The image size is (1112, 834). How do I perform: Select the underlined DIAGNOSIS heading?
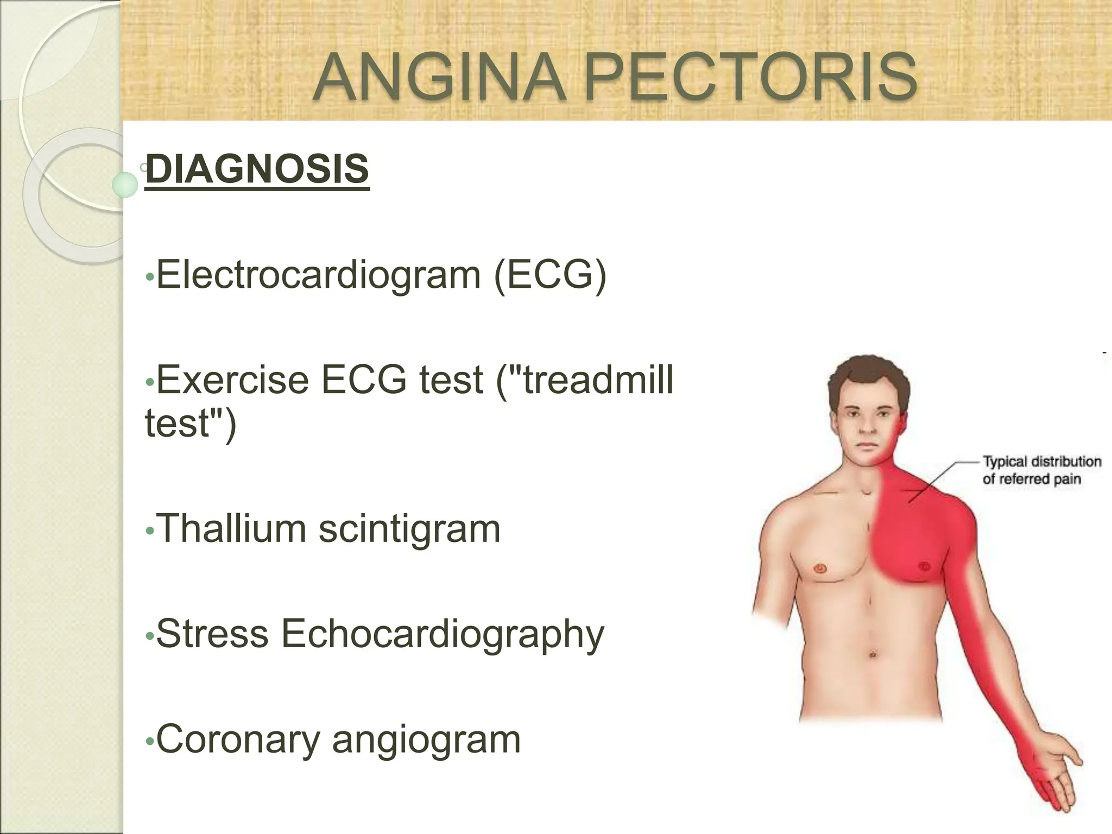tap(257, 169)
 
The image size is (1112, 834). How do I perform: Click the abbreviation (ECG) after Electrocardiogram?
tap(549, 275)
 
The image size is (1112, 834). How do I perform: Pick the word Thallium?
tap(231, 528)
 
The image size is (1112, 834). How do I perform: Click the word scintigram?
tap(409, 529)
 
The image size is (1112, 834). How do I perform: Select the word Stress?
tap(212, 633)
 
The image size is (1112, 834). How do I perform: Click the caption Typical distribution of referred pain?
tap(1041, 470)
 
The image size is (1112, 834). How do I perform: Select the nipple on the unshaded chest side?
tap(820, 568)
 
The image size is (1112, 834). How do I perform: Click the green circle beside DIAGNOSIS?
tap(126, 185)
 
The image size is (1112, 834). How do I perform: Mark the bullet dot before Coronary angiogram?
tap(150, 742)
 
